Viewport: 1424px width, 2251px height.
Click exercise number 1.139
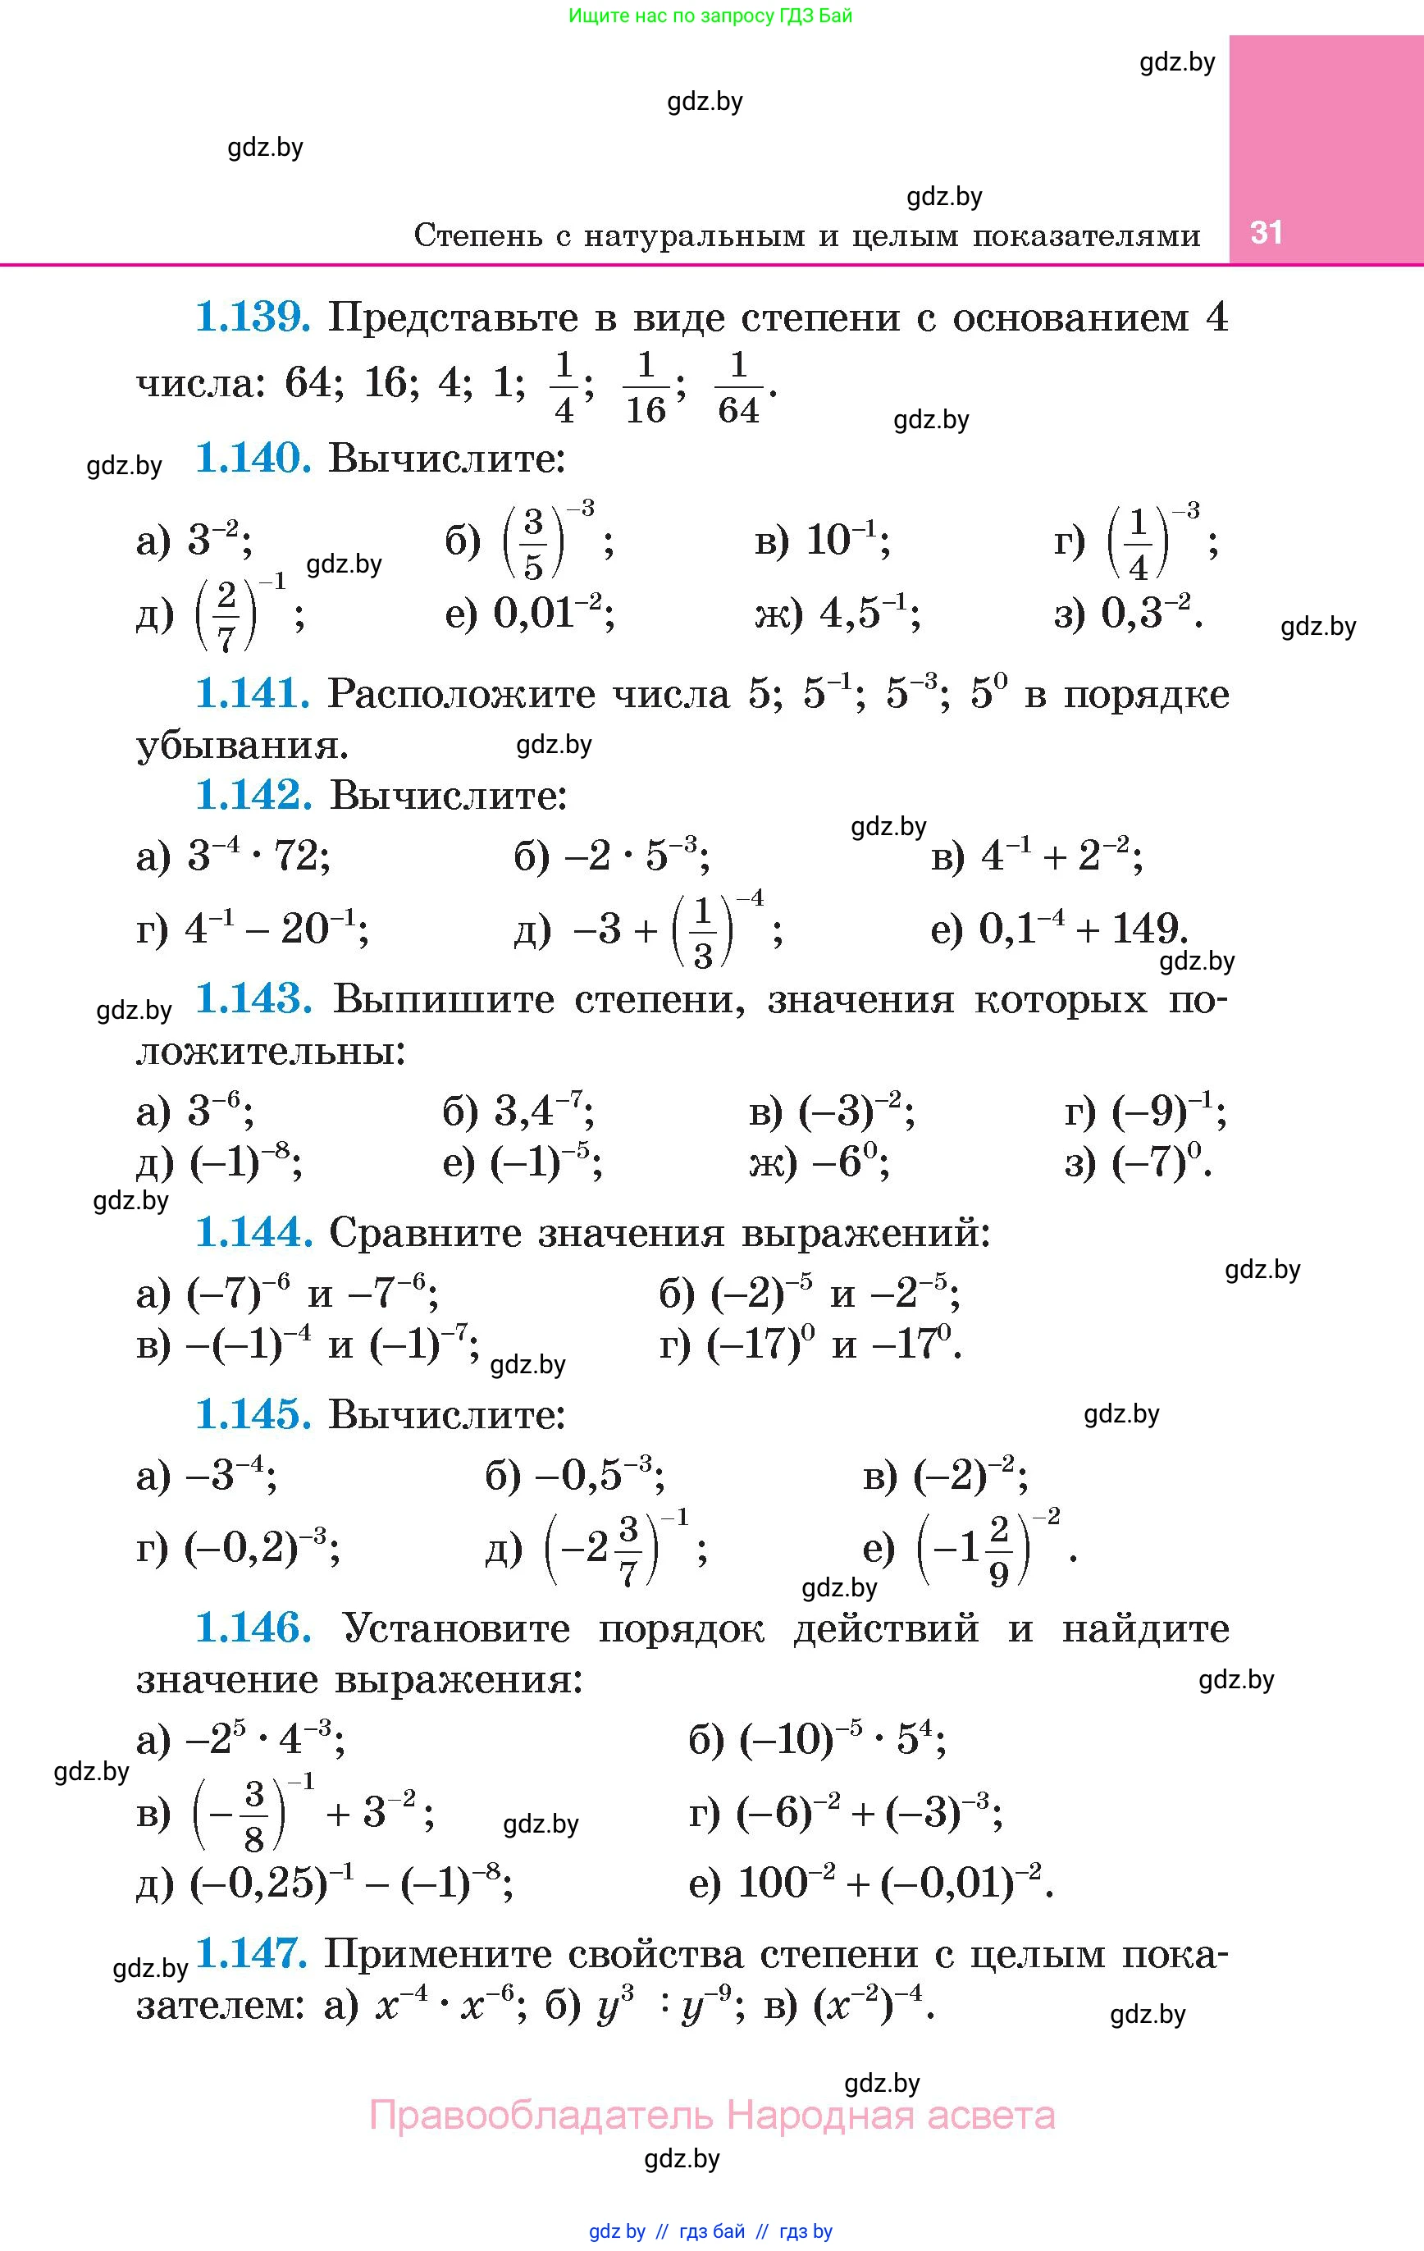coord(253,317)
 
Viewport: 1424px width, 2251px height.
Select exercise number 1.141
coord(253,694)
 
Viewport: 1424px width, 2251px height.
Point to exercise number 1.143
coord(253,999)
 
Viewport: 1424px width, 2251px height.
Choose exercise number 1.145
coord(253,1414)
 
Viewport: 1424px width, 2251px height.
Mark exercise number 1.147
coord(253,1954)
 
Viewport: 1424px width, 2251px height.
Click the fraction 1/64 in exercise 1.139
coord(738,387)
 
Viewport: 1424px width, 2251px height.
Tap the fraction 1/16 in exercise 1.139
coord(646,387)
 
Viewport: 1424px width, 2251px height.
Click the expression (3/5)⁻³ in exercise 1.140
coord(548,541)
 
